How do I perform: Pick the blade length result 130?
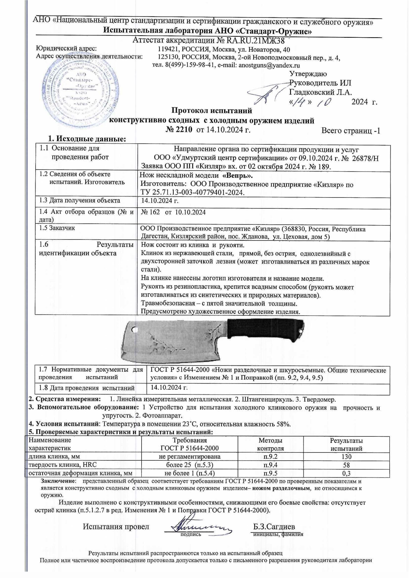[346, 457]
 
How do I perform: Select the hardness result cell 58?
[346, 465]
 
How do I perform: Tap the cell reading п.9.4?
[270, 465]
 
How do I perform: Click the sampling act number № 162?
[150, 212]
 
